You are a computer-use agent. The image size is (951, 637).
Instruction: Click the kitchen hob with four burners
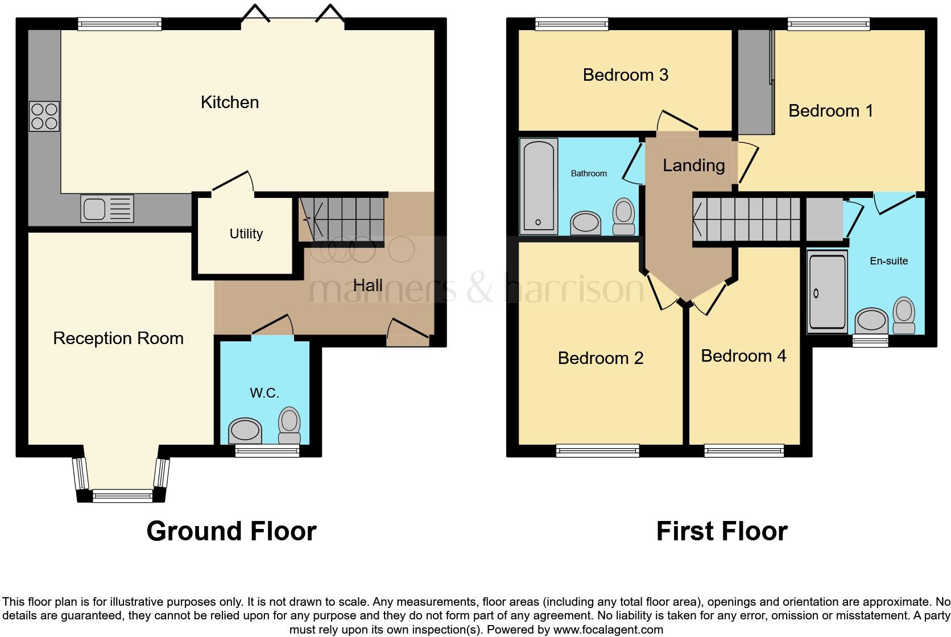[x=44, y=116]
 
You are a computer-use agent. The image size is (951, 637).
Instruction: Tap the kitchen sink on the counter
[x=107, y=208]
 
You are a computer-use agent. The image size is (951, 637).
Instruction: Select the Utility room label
[x=246, y=234]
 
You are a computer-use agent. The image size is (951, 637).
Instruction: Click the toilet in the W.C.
[x=290, y=425]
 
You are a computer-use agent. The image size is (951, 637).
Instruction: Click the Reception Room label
[x=118, y=338]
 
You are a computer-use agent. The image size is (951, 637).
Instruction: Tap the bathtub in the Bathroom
[x=539, y=185]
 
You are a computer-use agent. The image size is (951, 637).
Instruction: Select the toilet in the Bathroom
[x=624, y=216]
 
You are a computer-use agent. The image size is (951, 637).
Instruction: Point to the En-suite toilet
[x=904, y=316]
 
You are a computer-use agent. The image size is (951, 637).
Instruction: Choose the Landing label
[x=693, y=166]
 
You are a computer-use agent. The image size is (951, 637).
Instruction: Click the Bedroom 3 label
[x=626, y=75]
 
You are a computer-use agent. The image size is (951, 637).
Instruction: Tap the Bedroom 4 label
[x=743, y=356]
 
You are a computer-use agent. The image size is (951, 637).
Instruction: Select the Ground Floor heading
[x=231, y=531]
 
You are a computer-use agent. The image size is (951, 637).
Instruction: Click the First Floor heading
[x=722, y=531]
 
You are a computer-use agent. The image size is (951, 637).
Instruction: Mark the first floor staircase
[x=746, y=219]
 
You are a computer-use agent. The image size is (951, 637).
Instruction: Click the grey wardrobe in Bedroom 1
[x=756, y=82]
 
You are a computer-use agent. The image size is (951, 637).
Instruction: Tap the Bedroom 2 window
[x=597, y=451]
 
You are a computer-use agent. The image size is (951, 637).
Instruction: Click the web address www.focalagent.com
[x=608, y=630]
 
